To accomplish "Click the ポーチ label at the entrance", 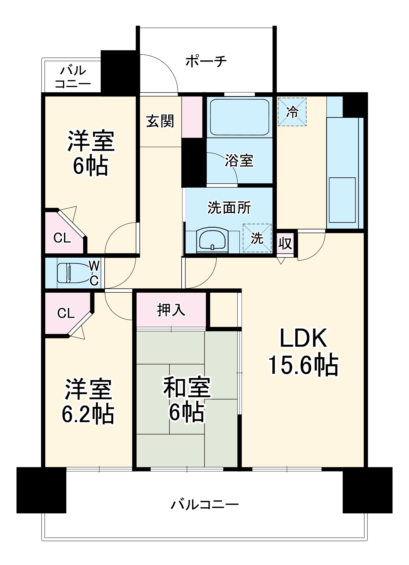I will pyautogui.click(x=206, y=61).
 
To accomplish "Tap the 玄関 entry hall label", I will pyautogui.click(x=160, y=121).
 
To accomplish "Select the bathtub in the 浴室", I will pyautogui.click(x=240, y=117).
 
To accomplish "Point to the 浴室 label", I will pyautogui.click(x=239, y=160).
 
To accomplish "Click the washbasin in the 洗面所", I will pyautogui.click(x=212, y=240).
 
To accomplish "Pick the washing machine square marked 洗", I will pyautogui.click(x=257, y=238).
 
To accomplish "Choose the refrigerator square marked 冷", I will pyautogui.click(x=292, y=112).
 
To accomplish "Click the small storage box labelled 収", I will pyautogui.click(x=285, y=243).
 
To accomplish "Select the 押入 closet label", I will pyautogui.click(x=171, y=310).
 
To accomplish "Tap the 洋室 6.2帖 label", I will pyautogui.click(x=88, y=401).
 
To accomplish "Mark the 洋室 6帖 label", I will pyautogui.click(x=91, y=153).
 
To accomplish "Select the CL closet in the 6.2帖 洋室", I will pyautogui.click(x=66, y=313).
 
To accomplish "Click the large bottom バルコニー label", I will pyautogui.click(x=204, y=504).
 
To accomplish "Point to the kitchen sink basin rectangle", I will pyautogui.click(x=342, y=200).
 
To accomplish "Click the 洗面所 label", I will pyautogui.click(x=229, y=208).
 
